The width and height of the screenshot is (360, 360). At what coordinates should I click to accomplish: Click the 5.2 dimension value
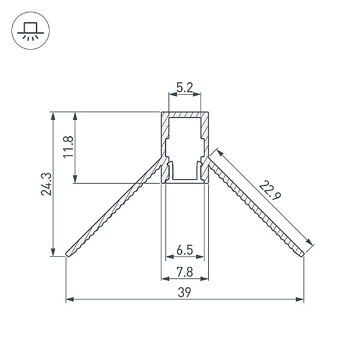[185, 87]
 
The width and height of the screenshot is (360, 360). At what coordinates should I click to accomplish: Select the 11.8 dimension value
[68, 147]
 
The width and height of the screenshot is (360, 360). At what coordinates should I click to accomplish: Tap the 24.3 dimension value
[46, 184]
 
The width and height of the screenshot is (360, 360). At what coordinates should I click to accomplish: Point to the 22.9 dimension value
[270, 190]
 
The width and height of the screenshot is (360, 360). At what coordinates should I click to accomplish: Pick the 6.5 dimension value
[185, 250]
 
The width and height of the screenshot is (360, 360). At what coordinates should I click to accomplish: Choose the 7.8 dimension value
[185, 272]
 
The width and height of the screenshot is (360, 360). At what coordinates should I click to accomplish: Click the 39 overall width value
[184, 293]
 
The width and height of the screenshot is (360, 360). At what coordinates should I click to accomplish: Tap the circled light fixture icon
[31, 31]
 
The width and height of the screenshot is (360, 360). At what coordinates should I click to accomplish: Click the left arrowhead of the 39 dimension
[70, 299]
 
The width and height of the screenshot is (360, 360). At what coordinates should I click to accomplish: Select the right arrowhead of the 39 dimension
[300, 299]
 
